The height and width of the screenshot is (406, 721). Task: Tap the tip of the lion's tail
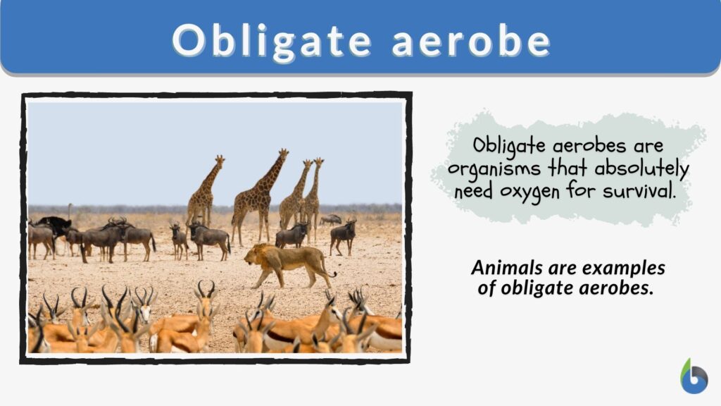(333, 275)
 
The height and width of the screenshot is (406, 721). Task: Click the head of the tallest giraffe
(282, 153)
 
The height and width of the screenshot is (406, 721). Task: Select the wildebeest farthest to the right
(344, 235)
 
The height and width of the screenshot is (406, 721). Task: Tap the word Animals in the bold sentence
(507, 269)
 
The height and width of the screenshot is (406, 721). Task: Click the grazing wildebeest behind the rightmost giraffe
(331, 219)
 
